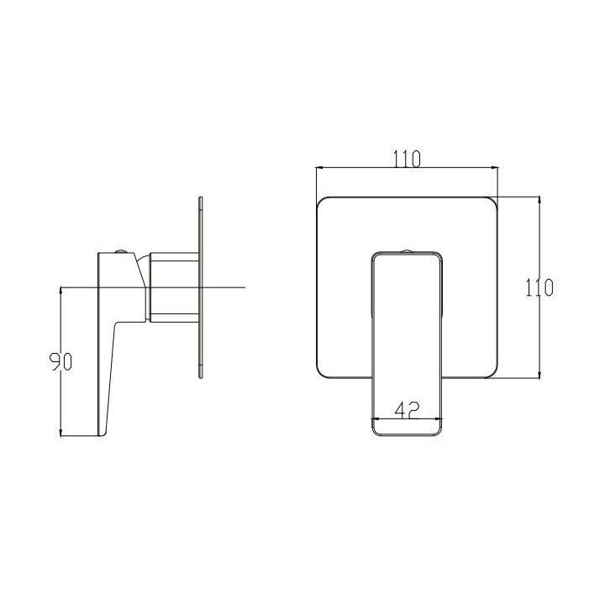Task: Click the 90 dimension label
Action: tap(61, 362)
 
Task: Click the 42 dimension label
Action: tap(407, 410)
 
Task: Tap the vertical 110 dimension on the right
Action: tap(539, 287)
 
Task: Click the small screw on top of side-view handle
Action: tap(121, 251)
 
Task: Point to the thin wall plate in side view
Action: tap(201, 287)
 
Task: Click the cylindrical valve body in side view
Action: tap(175, 287)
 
